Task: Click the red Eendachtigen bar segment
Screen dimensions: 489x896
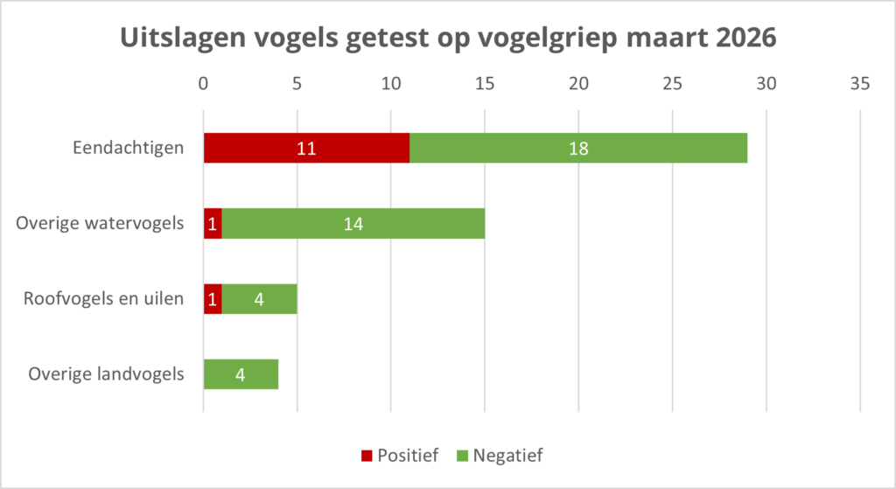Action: point(262,148)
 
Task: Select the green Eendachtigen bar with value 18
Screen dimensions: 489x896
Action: point(577,148)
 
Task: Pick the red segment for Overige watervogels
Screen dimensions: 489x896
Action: point(213,223)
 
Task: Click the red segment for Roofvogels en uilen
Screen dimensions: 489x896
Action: point(213,299)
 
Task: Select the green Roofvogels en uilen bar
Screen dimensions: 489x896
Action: point(259,299)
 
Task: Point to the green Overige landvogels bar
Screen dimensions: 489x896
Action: point(241,374)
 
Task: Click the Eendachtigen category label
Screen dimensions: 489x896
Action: point(128,148)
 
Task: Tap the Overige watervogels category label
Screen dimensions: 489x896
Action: point(100,223)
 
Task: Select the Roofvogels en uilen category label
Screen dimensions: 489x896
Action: point(103,299)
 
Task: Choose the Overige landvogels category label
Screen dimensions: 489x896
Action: point(106,374)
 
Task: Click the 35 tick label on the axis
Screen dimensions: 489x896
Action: point(860,84)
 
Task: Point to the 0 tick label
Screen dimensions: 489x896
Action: point(204,84)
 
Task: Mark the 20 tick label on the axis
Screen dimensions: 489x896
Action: point(578,84)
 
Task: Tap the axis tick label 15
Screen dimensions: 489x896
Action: point(485,84)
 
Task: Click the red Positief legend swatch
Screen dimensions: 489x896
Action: point(367,456)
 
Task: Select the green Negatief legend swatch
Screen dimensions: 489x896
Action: point(461,456)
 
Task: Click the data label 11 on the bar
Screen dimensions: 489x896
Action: point(305,148)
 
